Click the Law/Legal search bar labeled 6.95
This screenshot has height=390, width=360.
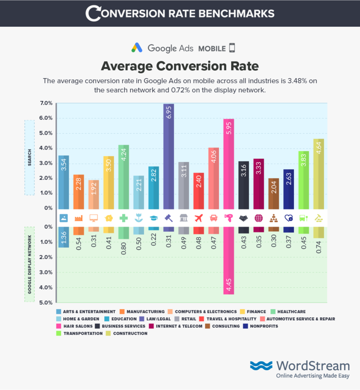(169, 156)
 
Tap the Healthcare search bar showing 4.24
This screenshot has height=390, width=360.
(124, 177)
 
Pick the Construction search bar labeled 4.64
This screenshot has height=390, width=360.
(318, 174)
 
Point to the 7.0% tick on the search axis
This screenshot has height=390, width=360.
(46, 103)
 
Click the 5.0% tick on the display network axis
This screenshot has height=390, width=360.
(46, 302)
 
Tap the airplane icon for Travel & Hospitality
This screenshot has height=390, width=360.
(199, 218)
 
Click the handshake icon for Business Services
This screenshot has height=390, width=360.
(243, 218)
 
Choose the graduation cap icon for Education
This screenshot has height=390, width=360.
(154, 218)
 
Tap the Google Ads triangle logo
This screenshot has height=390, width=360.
(137, 48)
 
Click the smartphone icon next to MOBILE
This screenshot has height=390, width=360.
(232, 48)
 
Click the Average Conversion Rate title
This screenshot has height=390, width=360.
(180, 65)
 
